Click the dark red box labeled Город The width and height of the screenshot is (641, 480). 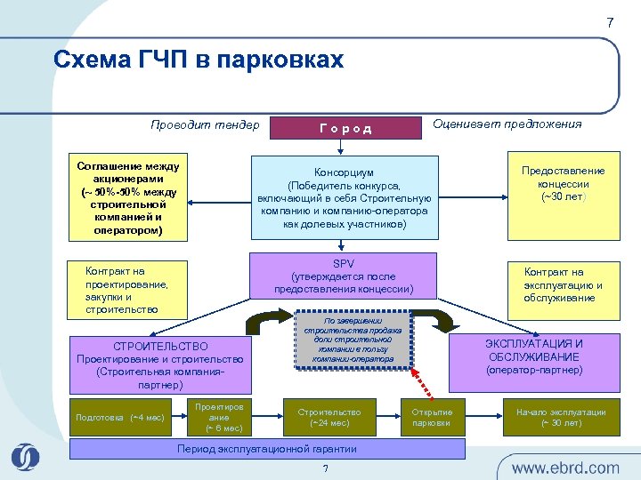click(x=345, y=128)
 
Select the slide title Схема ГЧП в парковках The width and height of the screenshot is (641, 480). click(x=198, y=60)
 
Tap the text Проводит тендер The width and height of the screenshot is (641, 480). click(x=205, y=124)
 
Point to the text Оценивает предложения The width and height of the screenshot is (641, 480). click(x=507, y=124)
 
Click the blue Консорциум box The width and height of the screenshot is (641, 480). click(x=345, y=197)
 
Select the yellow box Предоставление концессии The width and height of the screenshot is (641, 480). click(x=563, y=197)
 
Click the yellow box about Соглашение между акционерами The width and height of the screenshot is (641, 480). click(x=128, y=199)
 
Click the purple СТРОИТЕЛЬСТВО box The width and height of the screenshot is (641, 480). click(x=160, y=365)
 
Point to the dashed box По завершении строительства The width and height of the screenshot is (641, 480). click(x=353, y=339)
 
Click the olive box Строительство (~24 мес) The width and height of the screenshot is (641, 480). click(x=329, y=417)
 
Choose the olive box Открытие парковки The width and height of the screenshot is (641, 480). click(x=432, y=417)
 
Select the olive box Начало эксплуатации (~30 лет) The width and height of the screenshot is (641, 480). click(x=561, y=417)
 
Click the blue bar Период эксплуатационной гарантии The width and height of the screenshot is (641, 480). click(x=267, y=449)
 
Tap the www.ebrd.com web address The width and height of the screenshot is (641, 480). click(x=564, y=468)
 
